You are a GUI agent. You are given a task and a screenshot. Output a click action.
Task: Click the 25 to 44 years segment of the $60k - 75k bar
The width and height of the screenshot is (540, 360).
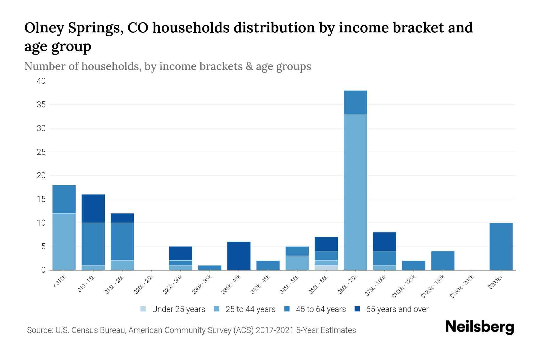tap(355, 192)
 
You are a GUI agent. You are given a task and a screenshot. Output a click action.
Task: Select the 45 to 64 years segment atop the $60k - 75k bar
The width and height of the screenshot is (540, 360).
tap(355, 102)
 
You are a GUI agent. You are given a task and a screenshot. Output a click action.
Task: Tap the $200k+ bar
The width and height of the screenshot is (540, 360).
tap(501, 246)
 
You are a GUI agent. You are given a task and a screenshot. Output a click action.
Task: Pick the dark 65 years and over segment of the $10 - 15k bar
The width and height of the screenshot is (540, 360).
tap(93, 208)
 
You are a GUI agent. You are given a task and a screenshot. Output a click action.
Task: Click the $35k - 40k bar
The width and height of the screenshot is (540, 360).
tap(239, 256)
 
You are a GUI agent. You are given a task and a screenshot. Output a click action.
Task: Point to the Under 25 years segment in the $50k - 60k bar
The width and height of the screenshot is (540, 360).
tap(326, 268)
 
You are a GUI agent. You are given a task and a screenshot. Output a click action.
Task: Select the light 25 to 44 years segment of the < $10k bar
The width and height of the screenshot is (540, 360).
tap(64, 241)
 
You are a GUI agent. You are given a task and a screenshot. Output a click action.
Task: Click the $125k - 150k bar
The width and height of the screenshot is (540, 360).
tap(442, 260)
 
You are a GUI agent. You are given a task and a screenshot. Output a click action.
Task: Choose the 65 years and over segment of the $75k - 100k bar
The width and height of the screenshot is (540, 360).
tap(384, 241)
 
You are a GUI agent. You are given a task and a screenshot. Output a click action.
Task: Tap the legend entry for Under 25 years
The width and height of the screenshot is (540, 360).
tap(173, 309)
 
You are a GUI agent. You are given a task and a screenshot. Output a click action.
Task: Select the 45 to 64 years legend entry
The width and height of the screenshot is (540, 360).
tap(315, 309)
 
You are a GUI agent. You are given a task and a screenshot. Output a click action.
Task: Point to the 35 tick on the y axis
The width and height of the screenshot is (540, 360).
tap(41, 105)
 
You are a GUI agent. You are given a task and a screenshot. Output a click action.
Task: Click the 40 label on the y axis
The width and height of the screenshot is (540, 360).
tap(41, 81)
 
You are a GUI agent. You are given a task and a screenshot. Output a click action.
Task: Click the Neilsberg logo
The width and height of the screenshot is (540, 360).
tap(479, 327)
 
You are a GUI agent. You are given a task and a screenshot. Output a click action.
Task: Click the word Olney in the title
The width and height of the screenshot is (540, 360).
tap(44, 28)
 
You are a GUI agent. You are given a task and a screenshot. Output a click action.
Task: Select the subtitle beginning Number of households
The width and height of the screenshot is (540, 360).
tap(167, 66)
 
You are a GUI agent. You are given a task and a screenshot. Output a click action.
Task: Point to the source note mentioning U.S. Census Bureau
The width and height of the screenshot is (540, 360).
tap(191, 330)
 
